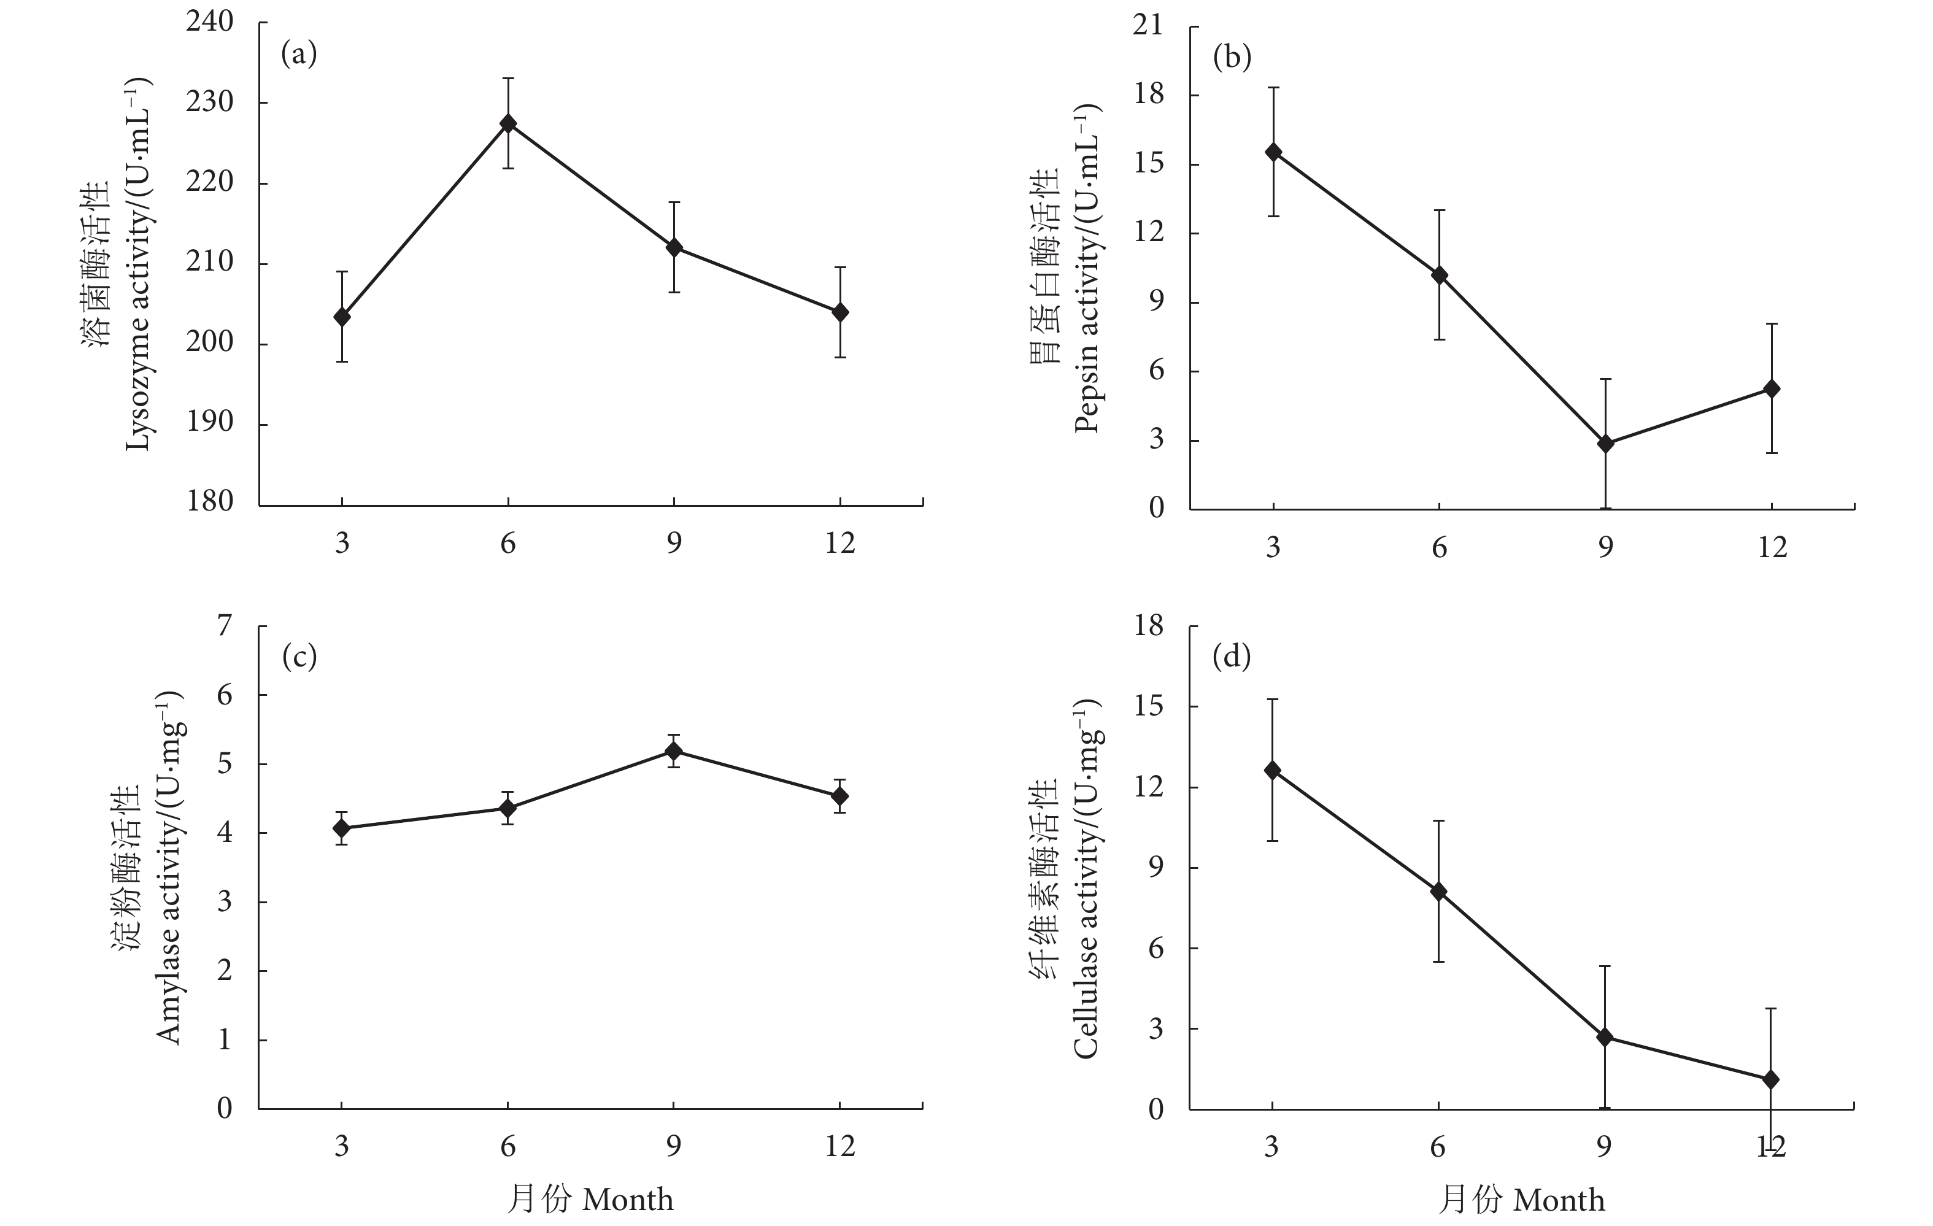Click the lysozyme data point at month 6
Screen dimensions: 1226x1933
[x=508, y=124]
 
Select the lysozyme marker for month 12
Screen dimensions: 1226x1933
[x=839, y=312]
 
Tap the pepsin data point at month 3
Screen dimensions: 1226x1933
[x=1273, y=153]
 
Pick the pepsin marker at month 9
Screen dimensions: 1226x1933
[x=1605, y=443]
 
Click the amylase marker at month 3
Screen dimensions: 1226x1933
[x=342, y=828]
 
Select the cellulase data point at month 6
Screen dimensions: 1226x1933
[x=1438, y=891]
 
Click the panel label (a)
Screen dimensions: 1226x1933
[x=299, y=54]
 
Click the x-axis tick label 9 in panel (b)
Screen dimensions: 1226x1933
[x=1605, y=547]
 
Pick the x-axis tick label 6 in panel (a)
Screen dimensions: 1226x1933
[x=508, y=544]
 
